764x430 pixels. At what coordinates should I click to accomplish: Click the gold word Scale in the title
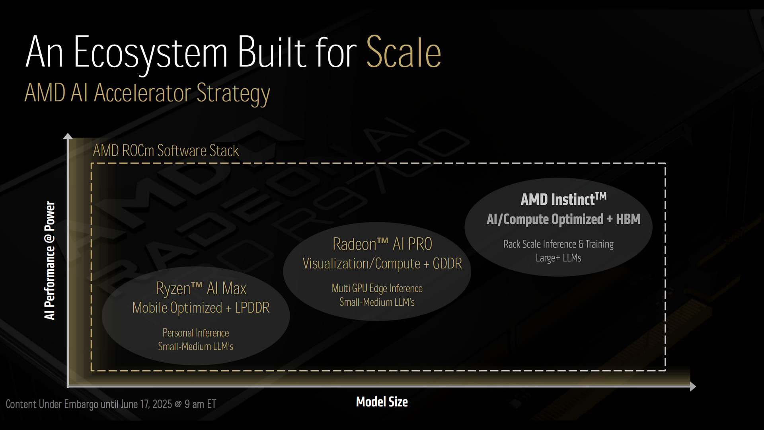403,52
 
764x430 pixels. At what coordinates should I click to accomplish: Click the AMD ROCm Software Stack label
166,151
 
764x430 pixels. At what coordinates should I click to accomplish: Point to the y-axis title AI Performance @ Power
50,260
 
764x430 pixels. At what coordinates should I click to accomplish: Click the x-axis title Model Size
382,402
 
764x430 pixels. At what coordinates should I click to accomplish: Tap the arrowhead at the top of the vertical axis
68,136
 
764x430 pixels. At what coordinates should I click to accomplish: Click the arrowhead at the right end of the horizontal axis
693,386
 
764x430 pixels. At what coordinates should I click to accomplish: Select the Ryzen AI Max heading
201,289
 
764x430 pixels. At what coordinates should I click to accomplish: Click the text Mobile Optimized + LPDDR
201,308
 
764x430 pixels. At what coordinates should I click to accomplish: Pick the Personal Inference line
196,333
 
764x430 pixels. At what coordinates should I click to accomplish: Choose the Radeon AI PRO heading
382,244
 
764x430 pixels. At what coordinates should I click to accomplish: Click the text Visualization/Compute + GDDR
382,264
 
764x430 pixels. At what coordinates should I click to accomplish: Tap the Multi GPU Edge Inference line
377,289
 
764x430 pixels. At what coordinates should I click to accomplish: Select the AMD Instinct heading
564,199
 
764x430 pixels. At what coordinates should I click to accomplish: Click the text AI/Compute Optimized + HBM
563,219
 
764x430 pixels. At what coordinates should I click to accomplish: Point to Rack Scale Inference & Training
559,244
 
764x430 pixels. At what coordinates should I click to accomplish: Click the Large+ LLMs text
559,258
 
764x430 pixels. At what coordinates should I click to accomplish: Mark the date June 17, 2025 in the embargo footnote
146,405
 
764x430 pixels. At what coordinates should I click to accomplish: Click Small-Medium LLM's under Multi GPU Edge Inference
377,302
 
